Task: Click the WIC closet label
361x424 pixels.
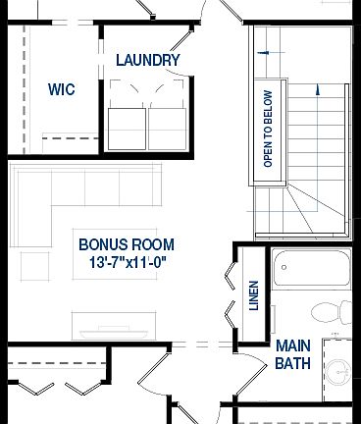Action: click(62, 88)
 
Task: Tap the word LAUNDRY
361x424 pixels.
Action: click(147, 60)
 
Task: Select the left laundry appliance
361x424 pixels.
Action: click(127, 126)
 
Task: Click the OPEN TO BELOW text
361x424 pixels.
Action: click(267, 129)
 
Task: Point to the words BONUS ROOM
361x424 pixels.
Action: click(127, 244)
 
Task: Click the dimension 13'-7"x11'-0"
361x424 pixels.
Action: click(127, 263)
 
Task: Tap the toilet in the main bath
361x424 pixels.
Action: click(333, 311)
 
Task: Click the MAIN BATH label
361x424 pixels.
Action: click(292, 354)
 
